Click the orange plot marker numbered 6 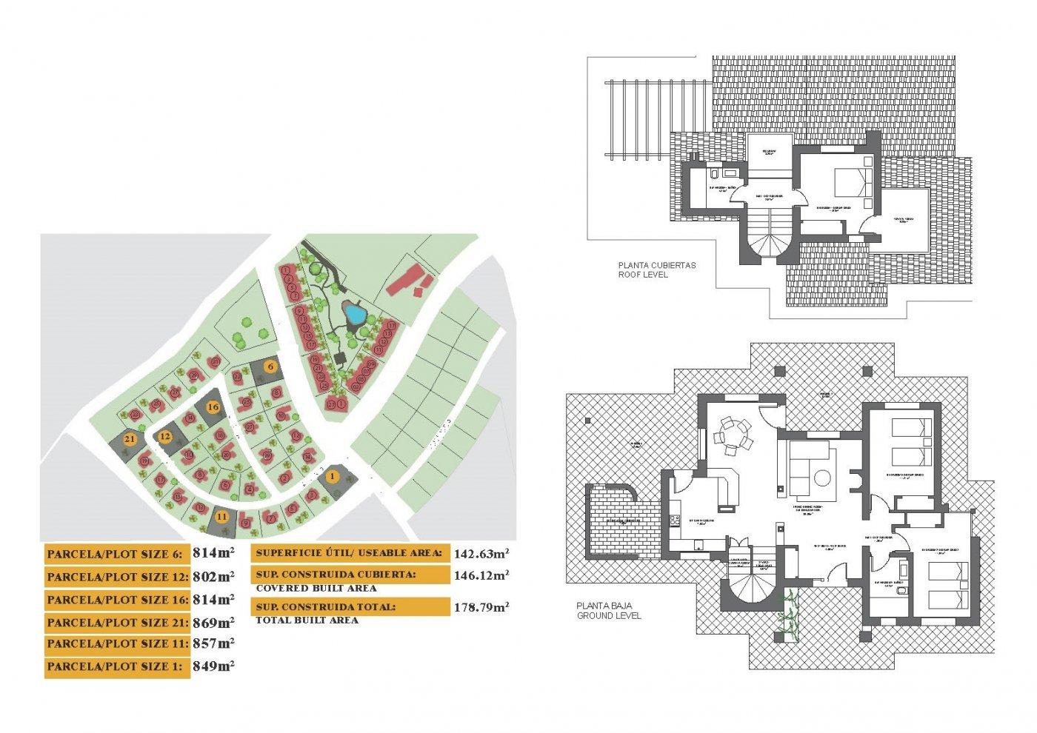point(271,366)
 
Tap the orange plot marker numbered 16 point(213,407)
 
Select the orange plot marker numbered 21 point(130,439)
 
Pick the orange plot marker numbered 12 point(165,437)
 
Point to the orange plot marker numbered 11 point(221,516)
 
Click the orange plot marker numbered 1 point(333,476)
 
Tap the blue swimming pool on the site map point(355,315)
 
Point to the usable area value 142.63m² point(481,553)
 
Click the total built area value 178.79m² point(481,607)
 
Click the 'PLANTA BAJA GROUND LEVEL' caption point(609,610)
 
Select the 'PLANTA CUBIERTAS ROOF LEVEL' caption point(656,270)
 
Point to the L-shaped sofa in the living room point(809,467)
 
